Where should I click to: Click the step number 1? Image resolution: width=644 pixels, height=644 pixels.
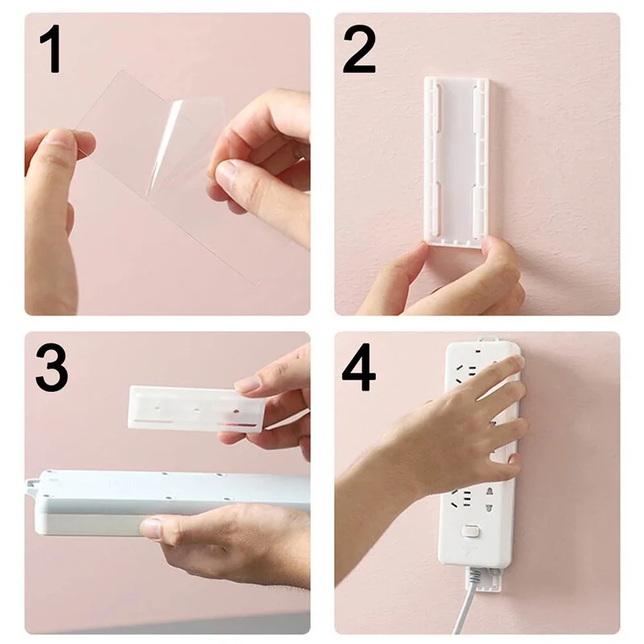point(50,49)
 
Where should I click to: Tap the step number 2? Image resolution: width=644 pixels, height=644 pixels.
point(359,49)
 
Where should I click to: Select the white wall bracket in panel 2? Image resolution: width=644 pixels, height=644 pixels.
point(456,157)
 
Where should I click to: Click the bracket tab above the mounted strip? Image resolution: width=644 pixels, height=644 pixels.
point(483,341)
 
